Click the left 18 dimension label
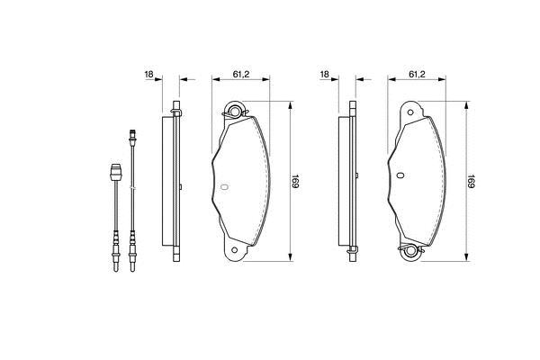point(149,74)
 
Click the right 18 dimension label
point(325,74)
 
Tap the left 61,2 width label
point(241,74)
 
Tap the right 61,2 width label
point(417,74)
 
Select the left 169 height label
point(295,181)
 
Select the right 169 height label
point(471,181)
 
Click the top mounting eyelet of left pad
point(235,111)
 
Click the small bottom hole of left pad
point(235,250)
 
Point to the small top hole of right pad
point(410,112)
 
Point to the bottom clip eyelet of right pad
point(410,251)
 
